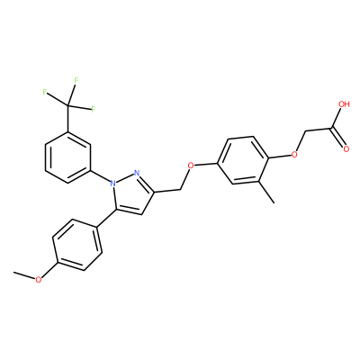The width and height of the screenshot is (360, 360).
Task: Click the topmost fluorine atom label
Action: click(x=76, y=80)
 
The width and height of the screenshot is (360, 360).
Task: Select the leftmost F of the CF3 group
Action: click(x=45, y=92)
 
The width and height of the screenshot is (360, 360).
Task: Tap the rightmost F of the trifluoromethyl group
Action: click(x=93, y=109)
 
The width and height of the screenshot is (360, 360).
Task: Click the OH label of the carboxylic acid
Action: click(x=344, y=104)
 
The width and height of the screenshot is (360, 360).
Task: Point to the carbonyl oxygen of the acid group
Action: click(x=346, y=148)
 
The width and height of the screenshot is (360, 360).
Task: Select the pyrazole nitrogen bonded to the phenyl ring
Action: click(x=112, y=183)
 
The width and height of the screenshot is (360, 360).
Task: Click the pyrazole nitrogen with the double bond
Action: click(x=137, y=173)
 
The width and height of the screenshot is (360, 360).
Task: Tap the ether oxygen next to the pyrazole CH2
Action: click(x=190, y=165)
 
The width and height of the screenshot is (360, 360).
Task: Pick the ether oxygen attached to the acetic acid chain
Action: click(x=294, y=155)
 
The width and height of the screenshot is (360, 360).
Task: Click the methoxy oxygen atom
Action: click(x=38, y=280)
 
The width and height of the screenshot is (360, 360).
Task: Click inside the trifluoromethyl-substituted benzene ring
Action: click(x=68, y=157)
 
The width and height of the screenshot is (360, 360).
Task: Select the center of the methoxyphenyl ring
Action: click(x=77, y=245)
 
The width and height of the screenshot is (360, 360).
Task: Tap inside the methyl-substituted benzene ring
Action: click(x=242, y=160)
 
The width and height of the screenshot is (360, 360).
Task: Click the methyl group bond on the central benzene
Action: click(x=266, y=193)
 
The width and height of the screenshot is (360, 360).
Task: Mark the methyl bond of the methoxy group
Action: click(x=24, y=275)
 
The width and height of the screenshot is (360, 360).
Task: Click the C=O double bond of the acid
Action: click(x=337, y=138)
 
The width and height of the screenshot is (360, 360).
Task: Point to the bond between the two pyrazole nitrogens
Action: click(x=125, y=177)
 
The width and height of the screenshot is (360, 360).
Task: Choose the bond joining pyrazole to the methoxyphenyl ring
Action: click(x=106, y=219)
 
